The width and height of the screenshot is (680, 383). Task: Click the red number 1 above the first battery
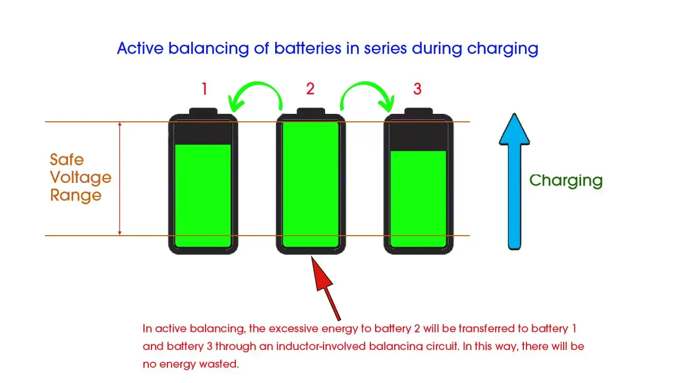coord(205,89)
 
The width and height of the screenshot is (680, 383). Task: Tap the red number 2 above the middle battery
coord(310,89)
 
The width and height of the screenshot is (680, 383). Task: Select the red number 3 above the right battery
coord(418,89)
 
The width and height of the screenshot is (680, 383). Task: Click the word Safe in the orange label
coord(67,160)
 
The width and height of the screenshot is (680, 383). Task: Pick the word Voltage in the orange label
coord(81,178)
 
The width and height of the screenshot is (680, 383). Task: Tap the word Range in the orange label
coord(76,195)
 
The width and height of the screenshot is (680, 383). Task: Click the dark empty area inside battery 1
coord(203,133)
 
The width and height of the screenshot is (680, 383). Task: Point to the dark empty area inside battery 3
coord(418,136)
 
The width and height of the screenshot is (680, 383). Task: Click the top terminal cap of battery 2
coord(311,112)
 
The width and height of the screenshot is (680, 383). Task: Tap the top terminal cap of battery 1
coord(203,112)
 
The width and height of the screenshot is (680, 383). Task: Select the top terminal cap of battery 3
coord(418,112)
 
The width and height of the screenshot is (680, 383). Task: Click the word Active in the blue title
coord(140,48)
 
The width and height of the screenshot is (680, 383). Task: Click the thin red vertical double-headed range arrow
coord(120,179)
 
